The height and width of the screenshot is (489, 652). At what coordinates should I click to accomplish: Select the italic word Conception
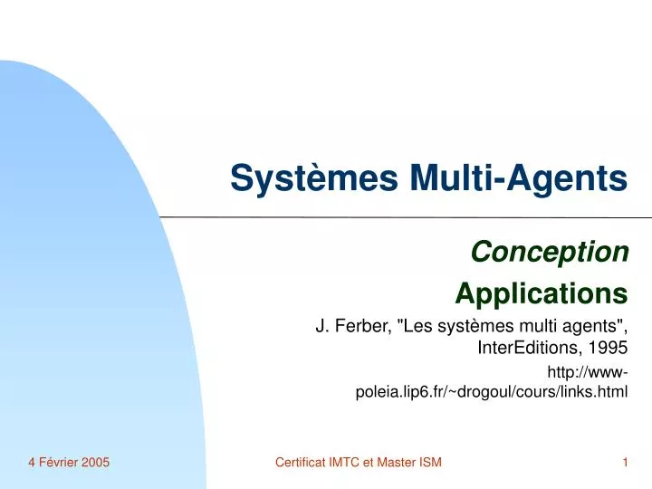(x=551, y=253)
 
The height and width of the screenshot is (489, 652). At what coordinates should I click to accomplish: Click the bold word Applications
(x=541, y=293)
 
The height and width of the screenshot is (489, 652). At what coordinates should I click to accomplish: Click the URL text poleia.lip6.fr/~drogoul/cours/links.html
(x=492, y=393)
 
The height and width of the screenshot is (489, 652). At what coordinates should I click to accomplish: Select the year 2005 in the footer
(x=95, y=463)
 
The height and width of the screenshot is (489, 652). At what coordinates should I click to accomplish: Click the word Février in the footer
(x=56, y=463)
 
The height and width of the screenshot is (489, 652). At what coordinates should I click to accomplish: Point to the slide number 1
(x=625, y=463)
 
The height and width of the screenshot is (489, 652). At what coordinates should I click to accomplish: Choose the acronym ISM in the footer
(x=428, y=463)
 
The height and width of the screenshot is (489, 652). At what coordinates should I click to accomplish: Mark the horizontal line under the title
(x=407, y=217)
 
